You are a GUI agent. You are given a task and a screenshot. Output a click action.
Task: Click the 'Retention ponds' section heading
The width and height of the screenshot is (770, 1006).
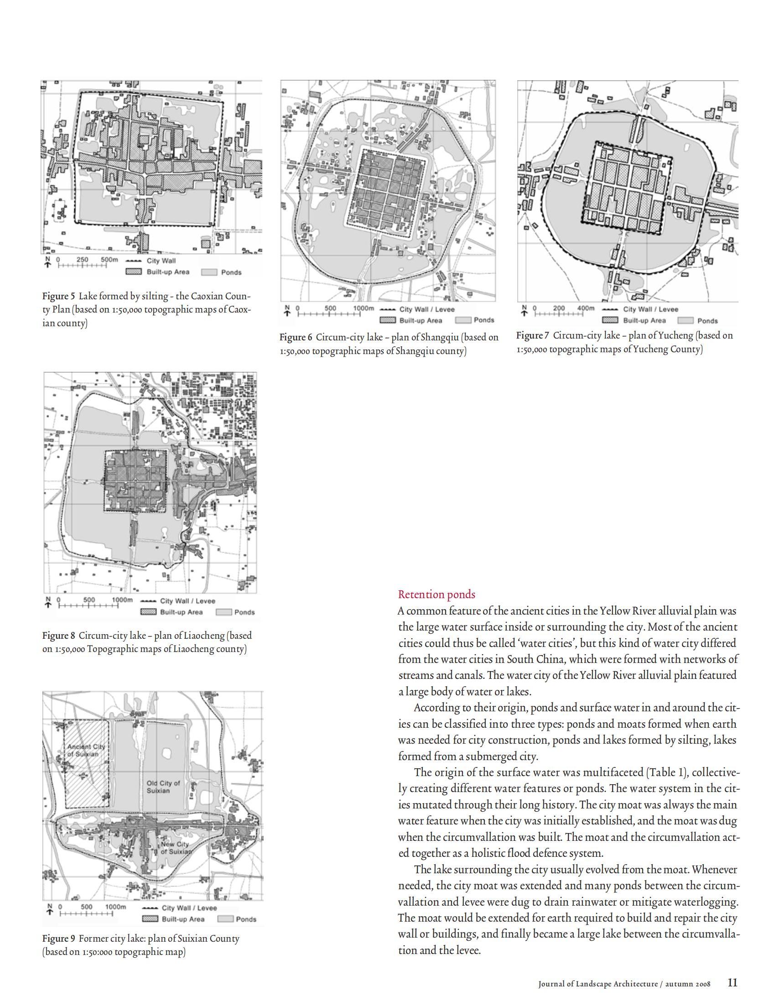click(437, 594)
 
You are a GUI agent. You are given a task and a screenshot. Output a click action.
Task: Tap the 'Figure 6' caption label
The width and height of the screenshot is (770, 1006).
click(296, 337)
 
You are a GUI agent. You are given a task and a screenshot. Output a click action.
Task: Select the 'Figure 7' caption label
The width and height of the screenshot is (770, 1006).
click(532, 335)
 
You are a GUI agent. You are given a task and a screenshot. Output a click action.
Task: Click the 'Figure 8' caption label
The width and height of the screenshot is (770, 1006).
click(58, 636)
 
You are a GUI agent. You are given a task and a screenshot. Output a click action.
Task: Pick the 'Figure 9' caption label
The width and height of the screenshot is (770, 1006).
click(58, 938)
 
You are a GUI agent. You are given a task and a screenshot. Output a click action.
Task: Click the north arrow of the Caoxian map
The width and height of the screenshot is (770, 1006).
click(47, 262)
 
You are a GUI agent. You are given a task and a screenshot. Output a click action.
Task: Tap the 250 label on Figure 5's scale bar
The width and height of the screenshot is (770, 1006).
click(83, 260)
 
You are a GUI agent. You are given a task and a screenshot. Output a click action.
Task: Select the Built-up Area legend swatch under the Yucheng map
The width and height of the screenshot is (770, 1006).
click(610, 320)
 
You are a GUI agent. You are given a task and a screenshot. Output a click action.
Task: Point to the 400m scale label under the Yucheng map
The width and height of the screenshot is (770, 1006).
click(585, 308)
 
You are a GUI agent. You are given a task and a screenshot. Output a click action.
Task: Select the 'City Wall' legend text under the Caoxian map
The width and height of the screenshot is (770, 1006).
click(161, 261)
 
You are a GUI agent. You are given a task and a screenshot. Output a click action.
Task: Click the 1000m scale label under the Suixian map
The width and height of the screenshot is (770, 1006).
click(115, 907)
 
